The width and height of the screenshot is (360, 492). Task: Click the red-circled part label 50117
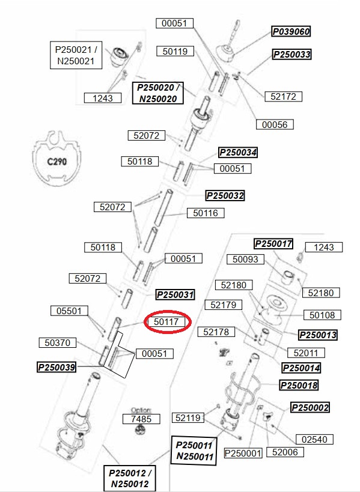coord(167,321)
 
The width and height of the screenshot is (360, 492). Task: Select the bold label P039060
coord(291,31)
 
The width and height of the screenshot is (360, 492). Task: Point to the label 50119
coord(175,51)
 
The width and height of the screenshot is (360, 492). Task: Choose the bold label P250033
coord(292,54)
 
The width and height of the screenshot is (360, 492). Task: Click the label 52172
coord(284,96)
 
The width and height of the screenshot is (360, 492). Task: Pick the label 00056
coord(275,124)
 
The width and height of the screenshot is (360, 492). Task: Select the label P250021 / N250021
coord(76,55)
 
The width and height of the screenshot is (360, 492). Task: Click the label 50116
coord(206,213)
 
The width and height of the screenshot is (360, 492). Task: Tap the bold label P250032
coord(225,196)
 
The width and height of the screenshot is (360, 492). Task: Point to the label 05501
coord(69,311)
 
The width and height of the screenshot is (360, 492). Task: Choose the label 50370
coord(58,342)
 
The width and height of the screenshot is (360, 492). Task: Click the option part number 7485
coord(141,419)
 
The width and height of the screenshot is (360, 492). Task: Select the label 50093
coord(245,259)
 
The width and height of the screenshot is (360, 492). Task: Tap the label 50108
coord(322,315)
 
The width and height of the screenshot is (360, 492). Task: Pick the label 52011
coord(306,353)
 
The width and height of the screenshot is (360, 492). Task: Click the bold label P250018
coord(299,385)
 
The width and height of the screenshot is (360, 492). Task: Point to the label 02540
coord(314,439)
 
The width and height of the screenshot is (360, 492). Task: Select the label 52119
coord(188,418)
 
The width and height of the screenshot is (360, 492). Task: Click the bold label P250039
coord(56,367)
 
